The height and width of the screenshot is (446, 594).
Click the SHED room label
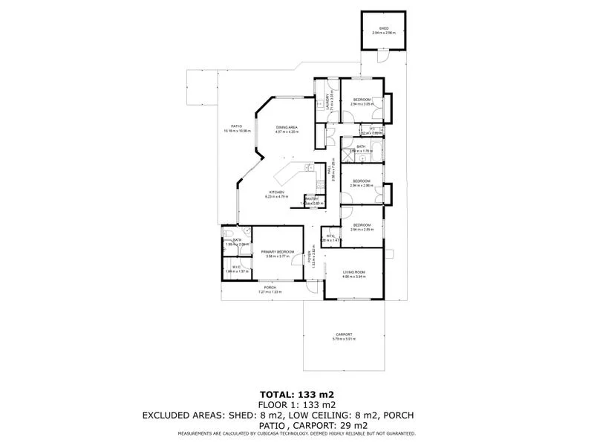click(x=384, y=29)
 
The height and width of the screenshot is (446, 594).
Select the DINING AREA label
click(x=287, y=128)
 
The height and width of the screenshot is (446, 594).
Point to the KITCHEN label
click(x=277, y=193)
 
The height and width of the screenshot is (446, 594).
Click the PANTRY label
click(x=312, y=198)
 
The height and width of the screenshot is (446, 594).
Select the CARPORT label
click(x=344, y=334)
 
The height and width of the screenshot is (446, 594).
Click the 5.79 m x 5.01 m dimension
click(x=344, y=339)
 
